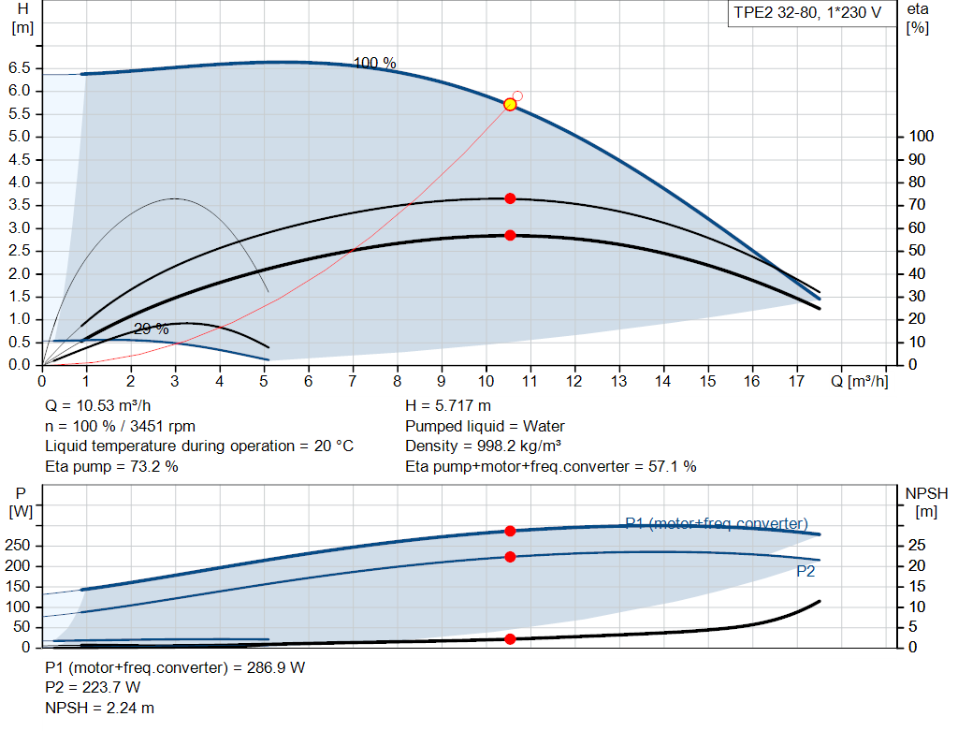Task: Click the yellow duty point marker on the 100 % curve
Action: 510,104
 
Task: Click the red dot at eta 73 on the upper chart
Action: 510,198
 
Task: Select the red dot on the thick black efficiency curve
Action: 510,235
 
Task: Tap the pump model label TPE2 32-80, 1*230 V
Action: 806,15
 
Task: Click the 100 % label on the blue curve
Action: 374,64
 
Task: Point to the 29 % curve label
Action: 152,329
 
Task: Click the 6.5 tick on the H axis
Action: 20,68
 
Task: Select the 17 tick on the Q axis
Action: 796,381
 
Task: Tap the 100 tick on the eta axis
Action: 922,137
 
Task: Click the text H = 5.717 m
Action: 447,406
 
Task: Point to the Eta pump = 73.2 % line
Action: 111,466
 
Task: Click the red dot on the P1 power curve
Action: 510,531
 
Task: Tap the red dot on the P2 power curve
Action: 510,557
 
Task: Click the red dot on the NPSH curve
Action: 510,639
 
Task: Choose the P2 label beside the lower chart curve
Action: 806,571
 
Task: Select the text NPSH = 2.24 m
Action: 100,708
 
